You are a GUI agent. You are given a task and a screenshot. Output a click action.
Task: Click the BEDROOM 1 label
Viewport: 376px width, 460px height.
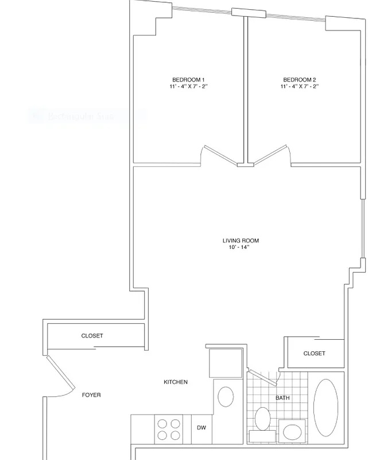click(188, 79)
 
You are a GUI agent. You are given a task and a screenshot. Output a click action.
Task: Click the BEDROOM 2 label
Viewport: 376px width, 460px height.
click(299, 79)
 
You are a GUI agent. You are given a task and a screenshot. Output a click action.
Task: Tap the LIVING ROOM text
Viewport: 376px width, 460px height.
click(237, 240)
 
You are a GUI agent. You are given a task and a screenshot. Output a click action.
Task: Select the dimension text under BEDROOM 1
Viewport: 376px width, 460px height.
click(188, 86)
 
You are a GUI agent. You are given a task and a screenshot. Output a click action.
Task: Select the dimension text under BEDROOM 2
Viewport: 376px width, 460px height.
click(299, 86)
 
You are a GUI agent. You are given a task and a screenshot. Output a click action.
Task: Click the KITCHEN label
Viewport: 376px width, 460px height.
click(176, 382)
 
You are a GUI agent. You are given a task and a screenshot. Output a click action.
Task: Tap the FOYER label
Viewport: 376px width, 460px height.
click(91, 395)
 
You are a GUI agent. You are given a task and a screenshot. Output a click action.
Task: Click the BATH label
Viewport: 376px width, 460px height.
click(282, 398)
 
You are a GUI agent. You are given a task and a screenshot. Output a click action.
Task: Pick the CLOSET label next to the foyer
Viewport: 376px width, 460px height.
click(92, 336)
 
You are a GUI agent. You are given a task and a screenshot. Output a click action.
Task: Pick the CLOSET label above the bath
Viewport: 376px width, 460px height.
click(314, 353)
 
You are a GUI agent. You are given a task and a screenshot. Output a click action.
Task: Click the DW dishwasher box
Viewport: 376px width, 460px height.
click(201, 428)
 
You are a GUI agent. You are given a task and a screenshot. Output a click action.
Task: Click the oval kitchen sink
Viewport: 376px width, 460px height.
click(226, 396)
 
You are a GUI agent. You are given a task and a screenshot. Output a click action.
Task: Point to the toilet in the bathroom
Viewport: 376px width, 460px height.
click(263, 419)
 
